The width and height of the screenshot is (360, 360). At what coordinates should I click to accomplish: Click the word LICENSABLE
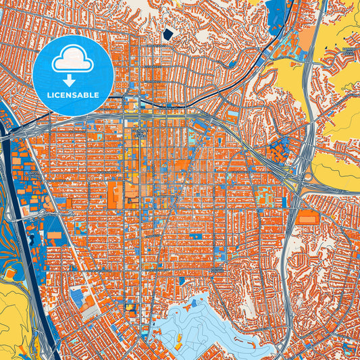tap(72, 95)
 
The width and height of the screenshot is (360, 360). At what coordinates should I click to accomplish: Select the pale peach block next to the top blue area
tap(307, 37)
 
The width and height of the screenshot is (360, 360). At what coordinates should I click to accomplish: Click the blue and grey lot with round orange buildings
tap(82, 301)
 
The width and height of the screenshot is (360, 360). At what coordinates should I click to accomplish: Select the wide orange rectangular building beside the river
tap(54, 236)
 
